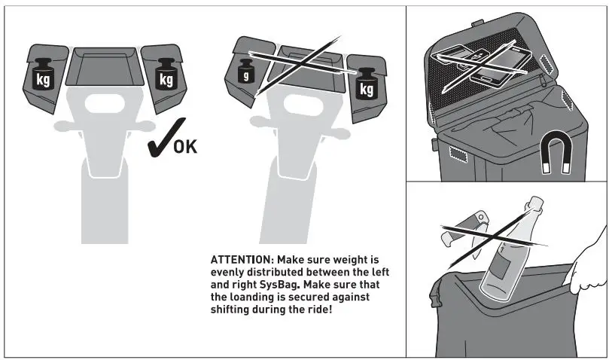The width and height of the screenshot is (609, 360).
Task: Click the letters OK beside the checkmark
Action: click(x=185, y=145)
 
